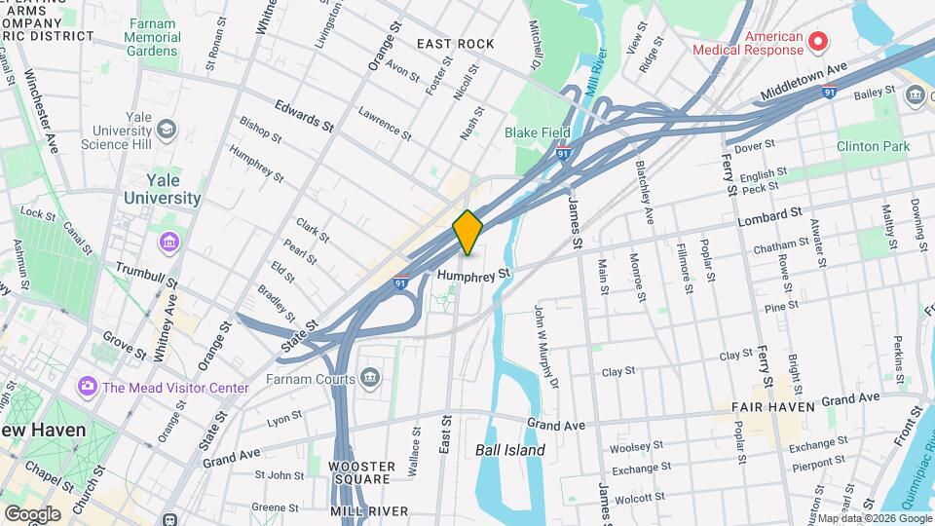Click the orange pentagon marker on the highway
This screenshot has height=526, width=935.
[468, 232]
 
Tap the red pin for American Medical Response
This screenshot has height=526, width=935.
[818, 41]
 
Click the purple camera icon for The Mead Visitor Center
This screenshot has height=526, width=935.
[88, 387]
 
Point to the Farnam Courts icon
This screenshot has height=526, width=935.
[369, 377]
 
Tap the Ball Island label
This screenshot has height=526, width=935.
[509, 450]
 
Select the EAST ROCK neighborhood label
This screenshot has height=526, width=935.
[455, 44]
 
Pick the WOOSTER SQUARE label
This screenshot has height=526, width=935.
[362, 474]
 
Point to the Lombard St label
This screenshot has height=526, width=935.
[769, 213]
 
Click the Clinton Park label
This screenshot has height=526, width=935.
[873, 147]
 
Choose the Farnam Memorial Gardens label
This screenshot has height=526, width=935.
[153, 37]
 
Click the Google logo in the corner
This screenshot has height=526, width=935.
[32, 513]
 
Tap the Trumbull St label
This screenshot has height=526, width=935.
[147, 275]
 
